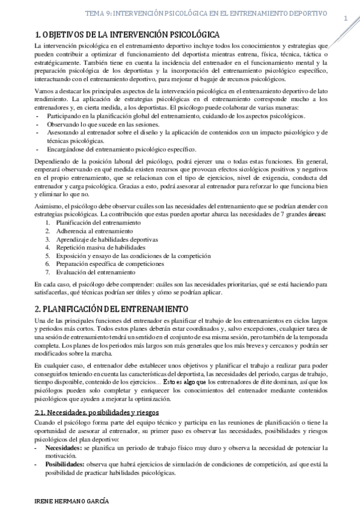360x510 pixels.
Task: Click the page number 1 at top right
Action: (x=346, y=18)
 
